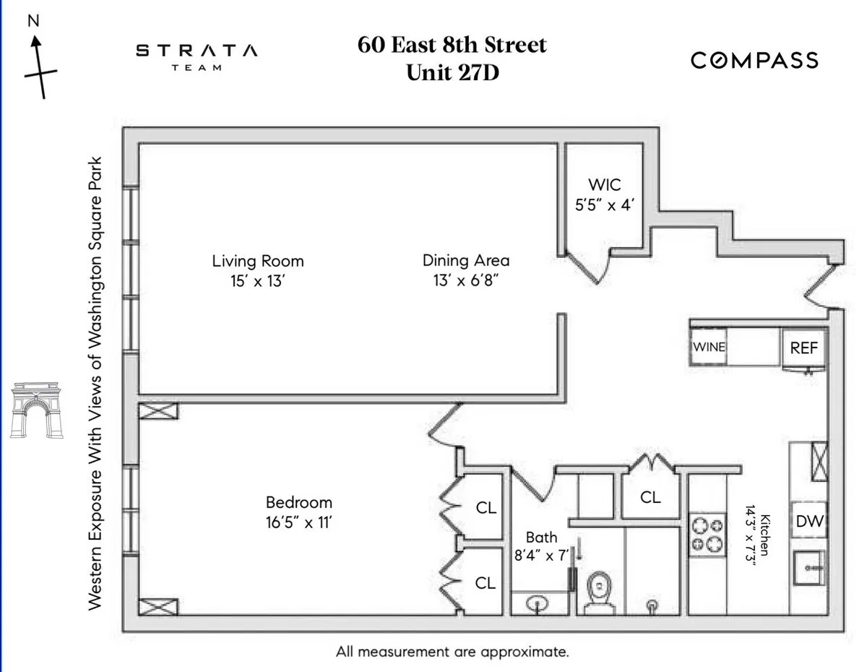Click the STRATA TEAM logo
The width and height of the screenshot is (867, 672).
pos(197,56)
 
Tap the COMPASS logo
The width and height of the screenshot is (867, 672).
pos(754,60)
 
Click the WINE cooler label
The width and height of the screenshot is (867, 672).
pos(709,347)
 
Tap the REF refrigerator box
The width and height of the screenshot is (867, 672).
pos(804,348)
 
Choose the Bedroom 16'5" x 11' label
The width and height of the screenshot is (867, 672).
pos(298,512)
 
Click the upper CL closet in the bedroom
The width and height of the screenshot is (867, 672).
pos(486,508)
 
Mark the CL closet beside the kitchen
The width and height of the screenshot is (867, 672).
pos(650,497)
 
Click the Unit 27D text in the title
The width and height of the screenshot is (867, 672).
pos(452,73)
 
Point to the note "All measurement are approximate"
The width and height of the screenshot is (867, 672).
pos(452,652)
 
